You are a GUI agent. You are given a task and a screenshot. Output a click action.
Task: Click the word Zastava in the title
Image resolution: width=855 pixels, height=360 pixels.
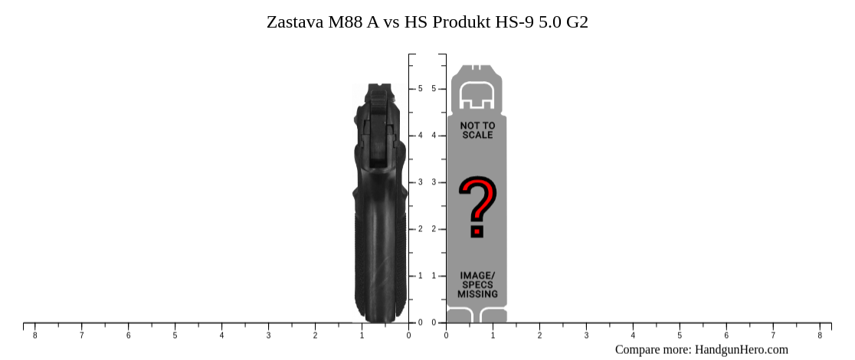[x=295, y=22]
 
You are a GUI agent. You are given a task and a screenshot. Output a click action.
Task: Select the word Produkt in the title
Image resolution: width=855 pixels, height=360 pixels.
[x=460, y=22]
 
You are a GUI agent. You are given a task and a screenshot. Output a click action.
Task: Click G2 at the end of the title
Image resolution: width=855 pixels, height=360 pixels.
[x=577, y=22]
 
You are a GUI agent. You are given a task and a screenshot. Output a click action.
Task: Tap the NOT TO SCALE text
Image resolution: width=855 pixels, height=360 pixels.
[x=477, y=129]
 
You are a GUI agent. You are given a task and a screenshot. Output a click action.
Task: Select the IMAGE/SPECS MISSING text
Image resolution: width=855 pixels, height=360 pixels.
[x=477, y=284]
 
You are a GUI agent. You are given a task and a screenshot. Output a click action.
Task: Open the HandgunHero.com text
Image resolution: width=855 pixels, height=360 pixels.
[x=741, y=350]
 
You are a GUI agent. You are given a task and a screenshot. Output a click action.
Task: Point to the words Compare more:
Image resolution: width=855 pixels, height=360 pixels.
[x=653, y=350]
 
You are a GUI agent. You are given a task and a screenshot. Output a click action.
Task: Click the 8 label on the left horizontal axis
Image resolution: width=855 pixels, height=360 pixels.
[x=34, y=335]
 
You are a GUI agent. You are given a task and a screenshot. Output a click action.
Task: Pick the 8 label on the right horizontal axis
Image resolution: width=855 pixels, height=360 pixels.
[x=820, y=335]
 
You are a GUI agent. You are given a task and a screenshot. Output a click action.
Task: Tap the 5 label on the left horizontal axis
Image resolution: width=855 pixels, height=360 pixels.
[x=175, y=335]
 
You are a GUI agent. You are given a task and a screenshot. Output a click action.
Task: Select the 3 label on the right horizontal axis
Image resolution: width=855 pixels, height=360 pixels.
[x=586, y=335]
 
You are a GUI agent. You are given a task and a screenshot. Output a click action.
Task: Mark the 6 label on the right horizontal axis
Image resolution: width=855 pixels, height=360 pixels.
[x=726, y=335]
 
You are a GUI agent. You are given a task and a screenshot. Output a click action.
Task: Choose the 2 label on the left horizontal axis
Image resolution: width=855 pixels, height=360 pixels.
[x=315, y=335]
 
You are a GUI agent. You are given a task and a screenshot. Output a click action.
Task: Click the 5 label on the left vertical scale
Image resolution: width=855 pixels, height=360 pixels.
[x=421, y=89]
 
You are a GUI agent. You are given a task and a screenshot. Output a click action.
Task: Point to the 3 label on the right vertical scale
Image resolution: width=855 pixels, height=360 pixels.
[x=434, y=182]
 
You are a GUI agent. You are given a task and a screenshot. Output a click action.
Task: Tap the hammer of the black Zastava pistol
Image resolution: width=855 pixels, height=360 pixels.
[x=377, y=96]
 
